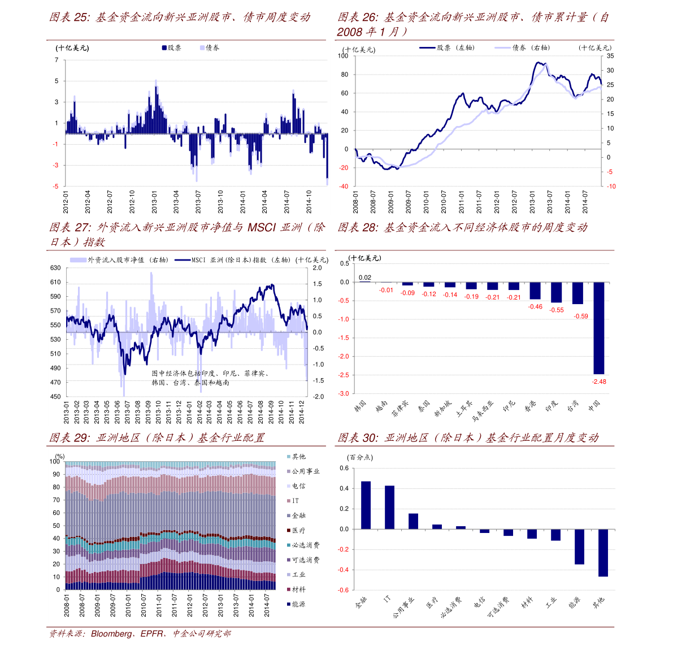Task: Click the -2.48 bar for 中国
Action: (x=599, y=328)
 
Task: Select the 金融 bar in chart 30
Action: (x=366, y=505)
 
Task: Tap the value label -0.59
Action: (x=581, y=317)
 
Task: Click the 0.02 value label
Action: (x=365, y=278)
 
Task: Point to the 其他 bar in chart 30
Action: (x=603, y=553)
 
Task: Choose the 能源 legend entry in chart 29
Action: (x=296, y=604)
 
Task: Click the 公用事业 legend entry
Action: (x=303, y=471)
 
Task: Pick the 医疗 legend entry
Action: (x=296, y=531)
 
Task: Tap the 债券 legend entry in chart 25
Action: (x=210, y=47)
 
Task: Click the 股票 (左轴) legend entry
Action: (x=447, y=47)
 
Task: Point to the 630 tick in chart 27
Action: (x=55, y=268)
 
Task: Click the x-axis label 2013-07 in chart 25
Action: (x=198, y=202)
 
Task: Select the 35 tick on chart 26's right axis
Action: (x=610, y=56)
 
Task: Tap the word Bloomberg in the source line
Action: (x=111, y=634)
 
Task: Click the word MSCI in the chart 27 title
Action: (x=262, y=227)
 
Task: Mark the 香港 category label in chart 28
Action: (x=530, y=406)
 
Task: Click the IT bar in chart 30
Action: (x=390, y=508)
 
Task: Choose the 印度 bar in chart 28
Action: (x=556, y=292)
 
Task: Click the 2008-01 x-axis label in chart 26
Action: (x=355, y=202)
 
